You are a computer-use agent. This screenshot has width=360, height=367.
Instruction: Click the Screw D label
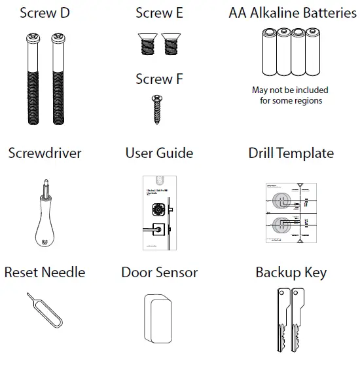(x=45, y=13)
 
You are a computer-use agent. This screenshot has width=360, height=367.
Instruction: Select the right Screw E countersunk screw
(x=171, y=45)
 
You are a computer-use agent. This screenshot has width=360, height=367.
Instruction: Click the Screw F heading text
(x=159, y=79)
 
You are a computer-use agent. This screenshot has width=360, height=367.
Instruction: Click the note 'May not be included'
(x=291, y=90)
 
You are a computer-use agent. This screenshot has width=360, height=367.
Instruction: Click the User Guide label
(x=159, y=153)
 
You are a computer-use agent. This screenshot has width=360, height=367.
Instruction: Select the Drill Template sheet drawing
(x=291, y=212)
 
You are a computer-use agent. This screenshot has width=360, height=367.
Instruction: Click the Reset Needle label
(x=45, y=272)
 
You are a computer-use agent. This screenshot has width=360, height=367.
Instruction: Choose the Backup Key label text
(x=291, y=272)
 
